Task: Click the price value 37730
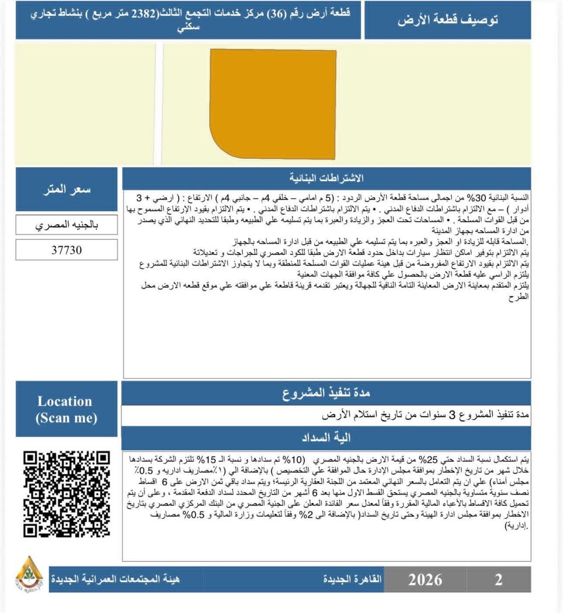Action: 67,250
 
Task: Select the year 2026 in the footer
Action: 425,580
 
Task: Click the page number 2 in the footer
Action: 499,580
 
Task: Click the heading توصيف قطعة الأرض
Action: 448,21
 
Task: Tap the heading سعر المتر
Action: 67,190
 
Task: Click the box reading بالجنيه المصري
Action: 67,225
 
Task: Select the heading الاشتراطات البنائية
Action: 327,178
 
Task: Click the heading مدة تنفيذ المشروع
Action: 327,393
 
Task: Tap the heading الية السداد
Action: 327,438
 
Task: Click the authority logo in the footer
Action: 29,574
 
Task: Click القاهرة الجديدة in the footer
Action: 352,580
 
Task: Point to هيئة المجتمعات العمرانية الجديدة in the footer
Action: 115,580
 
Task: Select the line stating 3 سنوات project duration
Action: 425,415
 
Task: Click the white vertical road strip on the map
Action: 159,103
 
